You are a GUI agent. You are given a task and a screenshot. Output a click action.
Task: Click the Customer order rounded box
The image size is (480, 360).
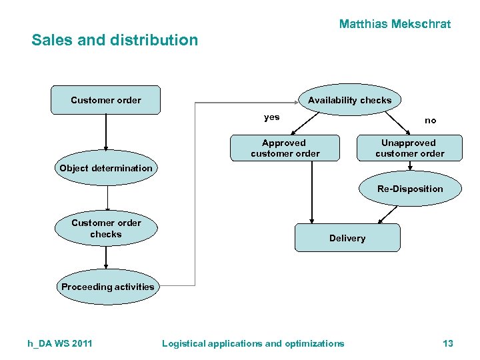click(x=106, y=100)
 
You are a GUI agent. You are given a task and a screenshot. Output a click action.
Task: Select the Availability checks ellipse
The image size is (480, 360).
click(x=349, y=100)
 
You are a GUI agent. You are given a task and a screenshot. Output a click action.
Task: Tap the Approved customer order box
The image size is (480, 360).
click(x=285, y=148)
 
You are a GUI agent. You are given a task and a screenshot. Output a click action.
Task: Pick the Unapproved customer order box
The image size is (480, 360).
click(x=409, y=148)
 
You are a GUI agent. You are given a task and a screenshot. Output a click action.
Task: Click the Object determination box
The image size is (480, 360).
click(x=106, y=168)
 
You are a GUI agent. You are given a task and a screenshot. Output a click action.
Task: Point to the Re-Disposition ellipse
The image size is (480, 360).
click(x=409, y=189)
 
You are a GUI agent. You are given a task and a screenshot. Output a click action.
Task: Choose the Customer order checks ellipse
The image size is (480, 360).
click(x=106, y=229)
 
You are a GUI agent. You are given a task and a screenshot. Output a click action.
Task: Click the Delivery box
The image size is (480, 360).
click(x=347, y=238)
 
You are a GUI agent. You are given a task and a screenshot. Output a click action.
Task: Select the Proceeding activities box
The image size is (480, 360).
click(x=107, y=287)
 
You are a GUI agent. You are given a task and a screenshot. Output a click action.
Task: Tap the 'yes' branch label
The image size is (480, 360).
click(x=272, y=117)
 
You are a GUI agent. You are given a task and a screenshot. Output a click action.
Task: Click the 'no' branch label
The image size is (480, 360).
click(x=431, y=121)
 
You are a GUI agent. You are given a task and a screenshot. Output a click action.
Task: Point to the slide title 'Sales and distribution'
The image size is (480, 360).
click(x=115, y=40)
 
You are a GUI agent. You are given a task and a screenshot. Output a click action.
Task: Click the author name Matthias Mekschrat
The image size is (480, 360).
click(x=395, y=24)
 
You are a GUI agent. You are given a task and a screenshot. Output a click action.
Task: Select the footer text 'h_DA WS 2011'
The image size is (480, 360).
click(x=60, y=343)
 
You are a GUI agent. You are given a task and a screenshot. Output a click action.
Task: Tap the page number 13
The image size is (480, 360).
click(x=447, y=343)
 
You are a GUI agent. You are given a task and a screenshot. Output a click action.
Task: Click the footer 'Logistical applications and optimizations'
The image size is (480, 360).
click(x=253, y=343)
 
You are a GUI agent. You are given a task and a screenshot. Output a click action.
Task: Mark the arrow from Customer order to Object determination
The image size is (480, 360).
click(x=106, y=133)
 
